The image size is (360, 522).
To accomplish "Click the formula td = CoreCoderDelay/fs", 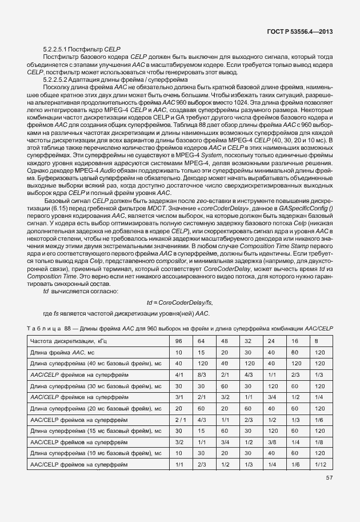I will [x=179, y=302].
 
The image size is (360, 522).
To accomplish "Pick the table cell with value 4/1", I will [x=179, y=374].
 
